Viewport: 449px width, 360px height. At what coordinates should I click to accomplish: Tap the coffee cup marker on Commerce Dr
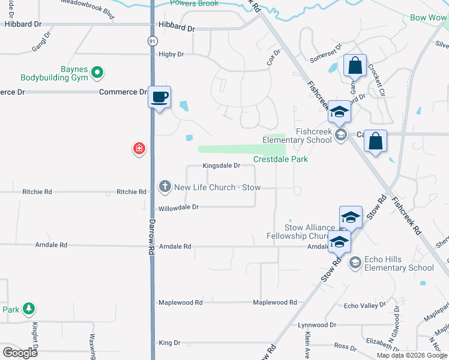(160, 97)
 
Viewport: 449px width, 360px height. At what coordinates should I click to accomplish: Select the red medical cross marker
(139, 148)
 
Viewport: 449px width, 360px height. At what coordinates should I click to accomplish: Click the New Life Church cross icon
(165, 187)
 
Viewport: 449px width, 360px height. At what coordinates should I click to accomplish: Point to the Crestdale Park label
(280, 159)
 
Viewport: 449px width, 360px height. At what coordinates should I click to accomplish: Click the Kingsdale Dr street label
(221, 165)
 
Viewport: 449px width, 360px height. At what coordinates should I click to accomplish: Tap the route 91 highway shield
(152, 40)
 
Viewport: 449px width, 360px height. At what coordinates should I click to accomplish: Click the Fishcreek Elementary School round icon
(341, 134)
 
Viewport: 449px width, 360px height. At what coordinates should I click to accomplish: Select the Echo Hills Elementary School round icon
(355, 262)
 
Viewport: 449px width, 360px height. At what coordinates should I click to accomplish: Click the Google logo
(20, 353)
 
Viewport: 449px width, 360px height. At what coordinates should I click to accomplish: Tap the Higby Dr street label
(171, 54)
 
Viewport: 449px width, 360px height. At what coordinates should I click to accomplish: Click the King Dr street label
(169, 343)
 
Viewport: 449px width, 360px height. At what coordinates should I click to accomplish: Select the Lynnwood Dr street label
(317, 325)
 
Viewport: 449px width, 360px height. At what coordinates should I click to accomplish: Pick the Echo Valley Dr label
(364, 306)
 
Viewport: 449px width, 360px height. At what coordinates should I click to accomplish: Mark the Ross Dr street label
(345, 346)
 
